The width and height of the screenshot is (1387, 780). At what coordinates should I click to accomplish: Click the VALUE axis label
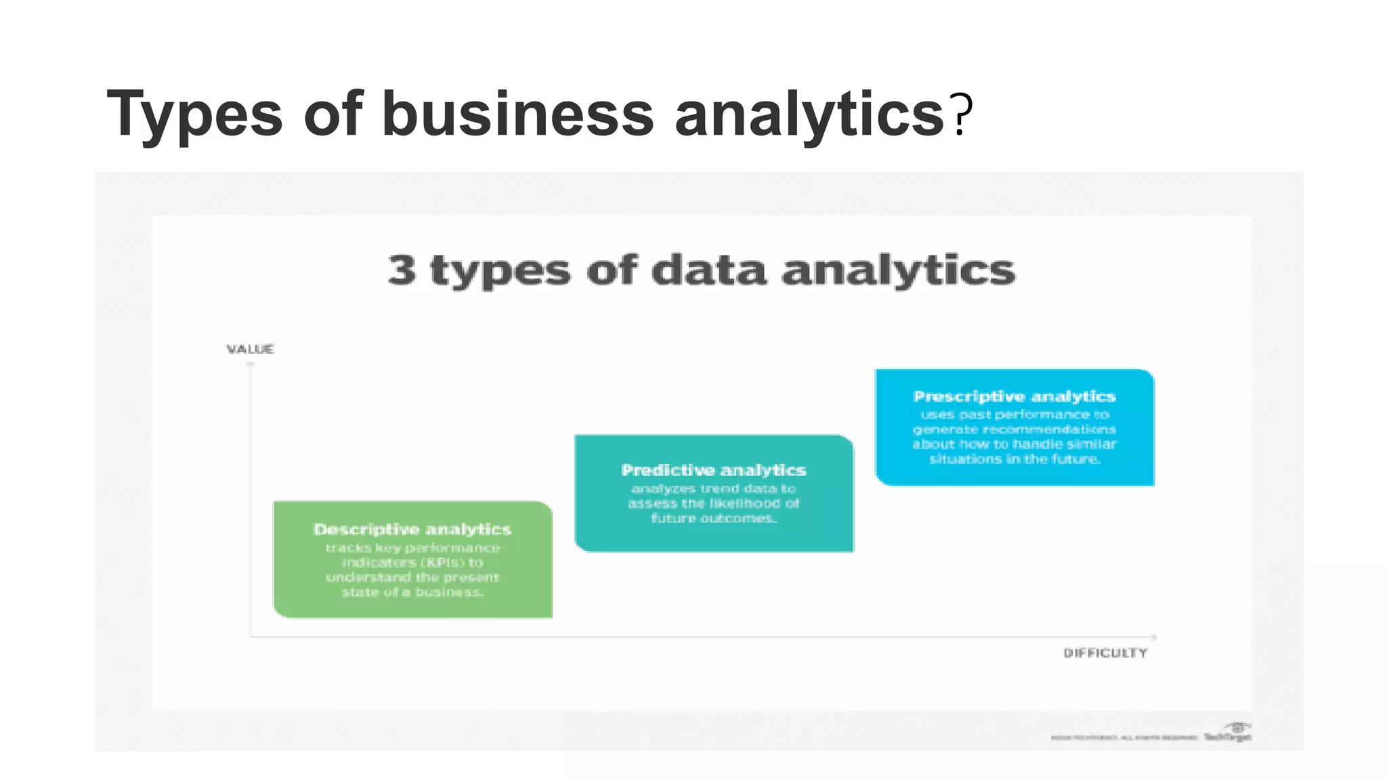250,349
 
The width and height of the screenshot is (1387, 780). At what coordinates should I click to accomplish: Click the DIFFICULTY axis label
1105,653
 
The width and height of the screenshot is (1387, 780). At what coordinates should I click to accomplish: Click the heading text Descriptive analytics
412,529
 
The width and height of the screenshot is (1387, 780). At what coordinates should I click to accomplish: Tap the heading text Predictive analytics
714,470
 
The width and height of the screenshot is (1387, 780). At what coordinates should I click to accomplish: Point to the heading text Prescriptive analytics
1015,397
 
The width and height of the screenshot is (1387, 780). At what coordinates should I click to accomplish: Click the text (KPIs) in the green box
439,563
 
